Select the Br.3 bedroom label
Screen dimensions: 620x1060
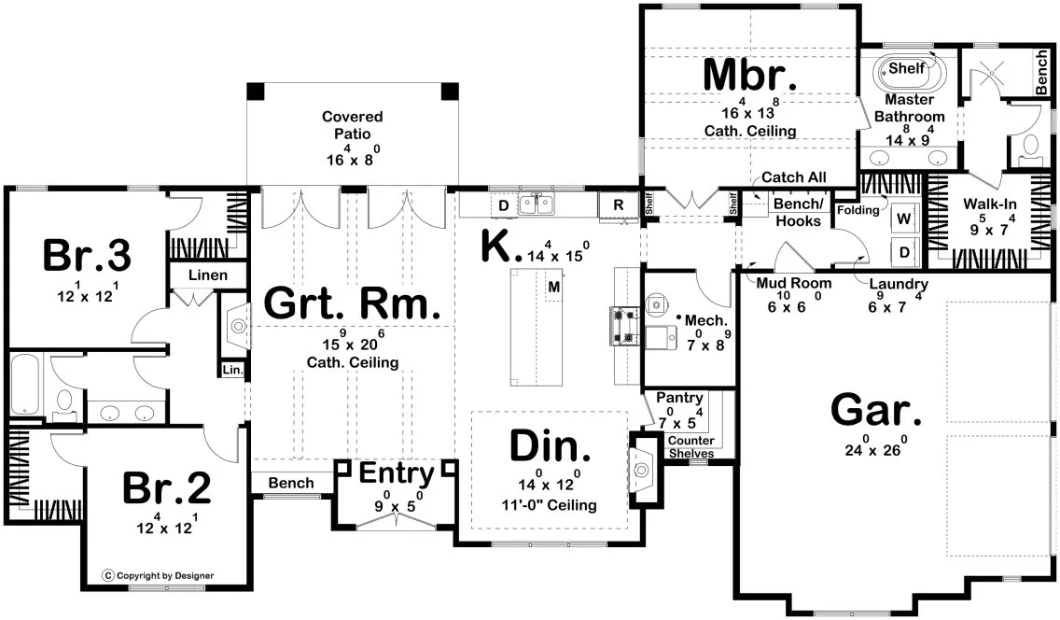(x=86, y=255)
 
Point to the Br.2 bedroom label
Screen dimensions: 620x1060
(x=167, y=489)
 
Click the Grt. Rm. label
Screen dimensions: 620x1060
(x=352, y=304)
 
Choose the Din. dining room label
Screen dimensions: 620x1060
(x=550, y=447)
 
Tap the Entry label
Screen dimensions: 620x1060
(x=397, y=474)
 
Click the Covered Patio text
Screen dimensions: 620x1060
(x=352, y=126)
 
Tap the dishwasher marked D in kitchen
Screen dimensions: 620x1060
(x=502, y=204)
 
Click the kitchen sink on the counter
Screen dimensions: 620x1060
(x=537, y=204)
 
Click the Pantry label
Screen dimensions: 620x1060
(x=678, y=398)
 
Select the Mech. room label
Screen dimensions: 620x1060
(x=700, y=320)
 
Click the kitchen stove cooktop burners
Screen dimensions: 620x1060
(x=622, y=325)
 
